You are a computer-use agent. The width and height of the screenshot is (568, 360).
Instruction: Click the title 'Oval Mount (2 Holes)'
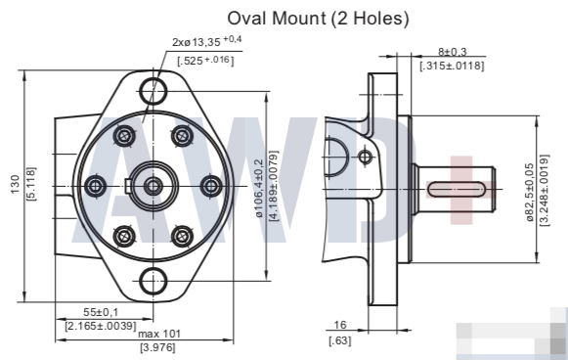pyautogui.click(x=318, y=19)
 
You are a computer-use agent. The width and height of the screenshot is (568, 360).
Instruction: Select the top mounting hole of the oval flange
pyautogui.click(x=153, y=91)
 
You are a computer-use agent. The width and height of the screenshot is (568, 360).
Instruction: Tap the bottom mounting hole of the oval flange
pyautogui.click(x=153, y=281)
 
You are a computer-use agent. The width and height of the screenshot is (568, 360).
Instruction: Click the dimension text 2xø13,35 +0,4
pyautogui.click(x=207, y=41)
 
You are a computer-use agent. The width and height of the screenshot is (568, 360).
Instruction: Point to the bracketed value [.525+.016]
pyautogui.click(x=205, y=61)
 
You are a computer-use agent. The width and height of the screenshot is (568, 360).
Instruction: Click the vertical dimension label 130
pyautogui.click(x=15, y=184)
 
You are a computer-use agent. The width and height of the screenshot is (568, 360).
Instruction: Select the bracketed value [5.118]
pyautogui.click(x=31, y=184)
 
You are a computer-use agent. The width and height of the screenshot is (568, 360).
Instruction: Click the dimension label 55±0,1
pyautogui.click(x=101, y=312)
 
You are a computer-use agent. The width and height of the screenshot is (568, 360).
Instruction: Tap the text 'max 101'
pyautogui.click(x=159, y=334)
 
